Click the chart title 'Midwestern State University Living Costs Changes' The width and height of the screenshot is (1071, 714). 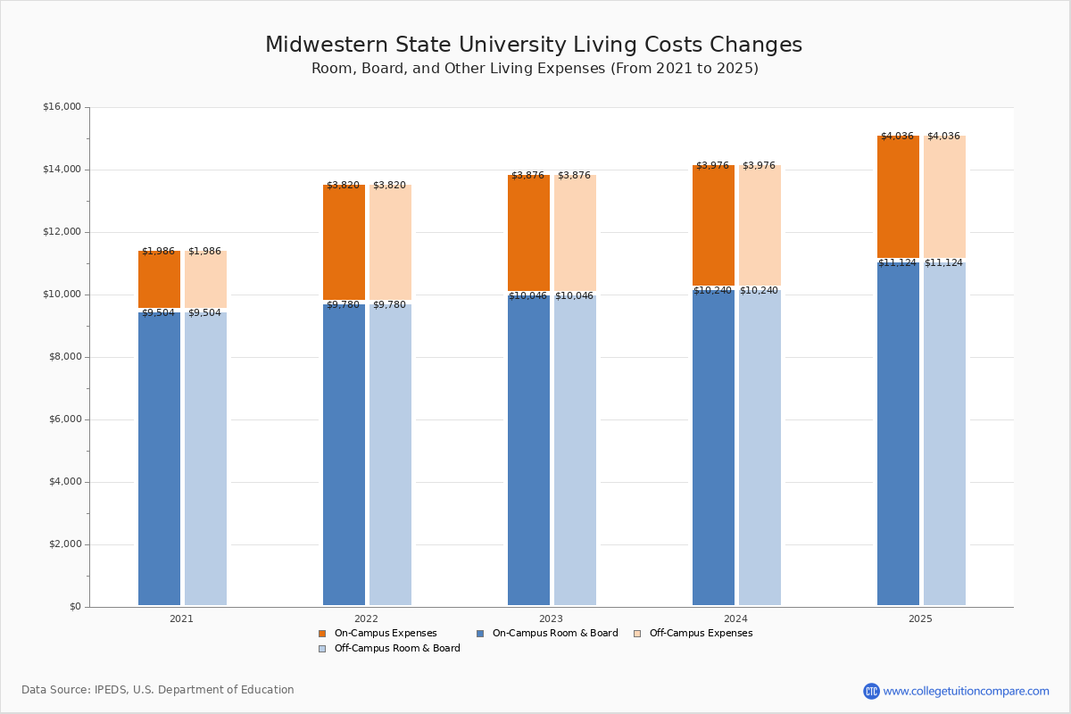point(534,46)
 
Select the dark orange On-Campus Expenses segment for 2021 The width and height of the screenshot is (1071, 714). point(159,279)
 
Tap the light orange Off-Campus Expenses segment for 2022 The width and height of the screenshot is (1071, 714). point(390,243)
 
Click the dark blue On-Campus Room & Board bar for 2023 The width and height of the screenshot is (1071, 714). point(528,451)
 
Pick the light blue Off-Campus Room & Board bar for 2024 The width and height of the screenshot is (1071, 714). point(760,446)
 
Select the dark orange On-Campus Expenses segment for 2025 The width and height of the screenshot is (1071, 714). point(898,196)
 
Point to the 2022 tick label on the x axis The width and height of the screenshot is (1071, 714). point(366,619)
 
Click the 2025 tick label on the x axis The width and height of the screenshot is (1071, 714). point(920,619)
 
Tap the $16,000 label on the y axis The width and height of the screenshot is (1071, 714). point(62,107)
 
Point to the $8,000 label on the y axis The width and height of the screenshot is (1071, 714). point(64,357)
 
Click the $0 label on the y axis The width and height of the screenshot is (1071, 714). point(74,607)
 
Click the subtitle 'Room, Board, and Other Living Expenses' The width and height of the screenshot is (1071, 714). point(534,69)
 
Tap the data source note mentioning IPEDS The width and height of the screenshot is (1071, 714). point(158,690)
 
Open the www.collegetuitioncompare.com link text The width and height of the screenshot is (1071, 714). point(966,691)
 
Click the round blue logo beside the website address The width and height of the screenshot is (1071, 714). point(871,691)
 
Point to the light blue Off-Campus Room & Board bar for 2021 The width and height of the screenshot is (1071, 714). point(205,459)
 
